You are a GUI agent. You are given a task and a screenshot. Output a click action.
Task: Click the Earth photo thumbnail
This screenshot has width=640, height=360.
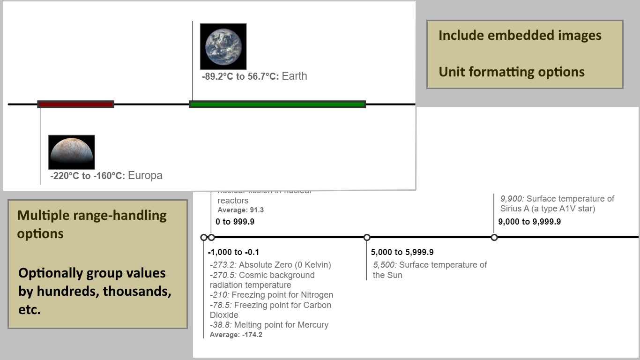[223, 46]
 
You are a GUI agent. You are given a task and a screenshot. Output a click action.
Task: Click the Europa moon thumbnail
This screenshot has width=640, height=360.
[72, 152]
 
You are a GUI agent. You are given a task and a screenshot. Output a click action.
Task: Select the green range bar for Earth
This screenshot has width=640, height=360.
[277, 104]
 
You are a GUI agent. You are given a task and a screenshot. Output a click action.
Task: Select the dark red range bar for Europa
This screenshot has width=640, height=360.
[76, 104]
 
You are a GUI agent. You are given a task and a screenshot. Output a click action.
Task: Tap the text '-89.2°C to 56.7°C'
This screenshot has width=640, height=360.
[240, 76]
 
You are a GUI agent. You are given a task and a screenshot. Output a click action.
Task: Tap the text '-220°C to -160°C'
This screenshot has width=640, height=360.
[88, 176]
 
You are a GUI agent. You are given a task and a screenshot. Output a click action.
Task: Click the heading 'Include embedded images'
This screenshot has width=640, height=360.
[520, 36]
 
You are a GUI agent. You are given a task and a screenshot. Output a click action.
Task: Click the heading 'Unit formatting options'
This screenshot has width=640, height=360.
[511, 72]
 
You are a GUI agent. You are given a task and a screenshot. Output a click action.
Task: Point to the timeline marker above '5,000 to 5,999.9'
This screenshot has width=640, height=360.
[367, 237]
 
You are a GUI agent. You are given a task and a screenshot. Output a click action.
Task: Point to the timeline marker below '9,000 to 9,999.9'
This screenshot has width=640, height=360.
[494, 237]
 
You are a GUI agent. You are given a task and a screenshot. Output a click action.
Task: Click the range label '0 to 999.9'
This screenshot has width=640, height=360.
[235, 222]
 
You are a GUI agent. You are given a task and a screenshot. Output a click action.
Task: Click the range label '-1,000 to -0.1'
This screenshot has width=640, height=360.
[233, 252]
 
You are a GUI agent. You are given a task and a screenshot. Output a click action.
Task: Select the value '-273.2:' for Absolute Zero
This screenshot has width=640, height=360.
[223, 265]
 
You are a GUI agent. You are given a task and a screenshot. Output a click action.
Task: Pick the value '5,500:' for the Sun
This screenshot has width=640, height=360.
[385, 265]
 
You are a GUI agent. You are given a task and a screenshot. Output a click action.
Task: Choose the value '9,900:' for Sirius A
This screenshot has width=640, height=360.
[512, 199]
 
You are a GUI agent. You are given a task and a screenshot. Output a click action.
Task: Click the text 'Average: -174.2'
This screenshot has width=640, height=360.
[236, 335]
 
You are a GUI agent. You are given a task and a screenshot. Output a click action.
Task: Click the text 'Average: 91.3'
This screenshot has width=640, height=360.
[241, 210]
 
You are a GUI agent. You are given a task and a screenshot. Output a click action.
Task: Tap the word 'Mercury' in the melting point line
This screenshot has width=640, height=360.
[313, 325]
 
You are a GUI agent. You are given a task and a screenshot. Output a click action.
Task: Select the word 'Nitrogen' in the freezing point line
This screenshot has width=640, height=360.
[316, 295]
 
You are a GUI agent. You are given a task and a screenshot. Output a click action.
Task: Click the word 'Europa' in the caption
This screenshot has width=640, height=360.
[145, 176]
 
